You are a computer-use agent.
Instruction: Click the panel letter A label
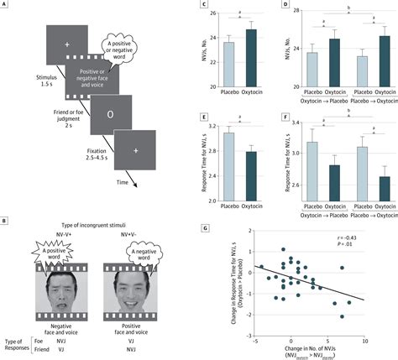[x=5, y=8]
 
